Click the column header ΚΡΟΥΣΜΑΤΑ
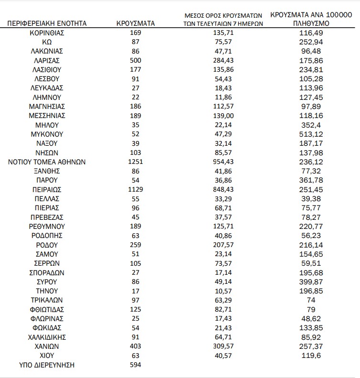136,23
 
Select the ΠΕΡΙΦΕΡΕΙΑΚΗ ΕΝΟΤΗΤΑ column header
47,23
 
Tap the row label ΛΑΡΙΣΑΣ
47,61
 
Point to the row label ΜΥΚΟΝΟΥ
47,134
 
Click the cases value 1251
136,162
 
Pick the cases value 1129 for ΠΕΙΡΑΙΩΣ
136,190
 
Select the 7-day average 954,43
224,162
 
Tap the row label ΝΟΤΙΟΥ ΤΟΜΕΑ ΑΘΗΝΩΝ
47,162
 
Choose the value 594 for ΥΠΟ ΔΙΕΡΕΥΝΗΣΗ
136,365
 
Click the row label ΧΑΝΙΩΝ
47,346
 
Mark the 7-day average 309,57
224,346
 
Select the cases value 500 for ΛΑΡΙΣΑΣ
136,61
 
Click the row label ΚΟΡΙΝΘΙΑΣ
47,33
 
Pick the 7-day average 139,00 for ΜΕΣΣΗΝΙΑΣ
224,116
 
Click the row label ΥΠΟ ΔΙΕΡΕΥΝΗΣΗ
47,365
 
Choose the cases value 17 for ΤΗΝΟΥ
136,291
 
